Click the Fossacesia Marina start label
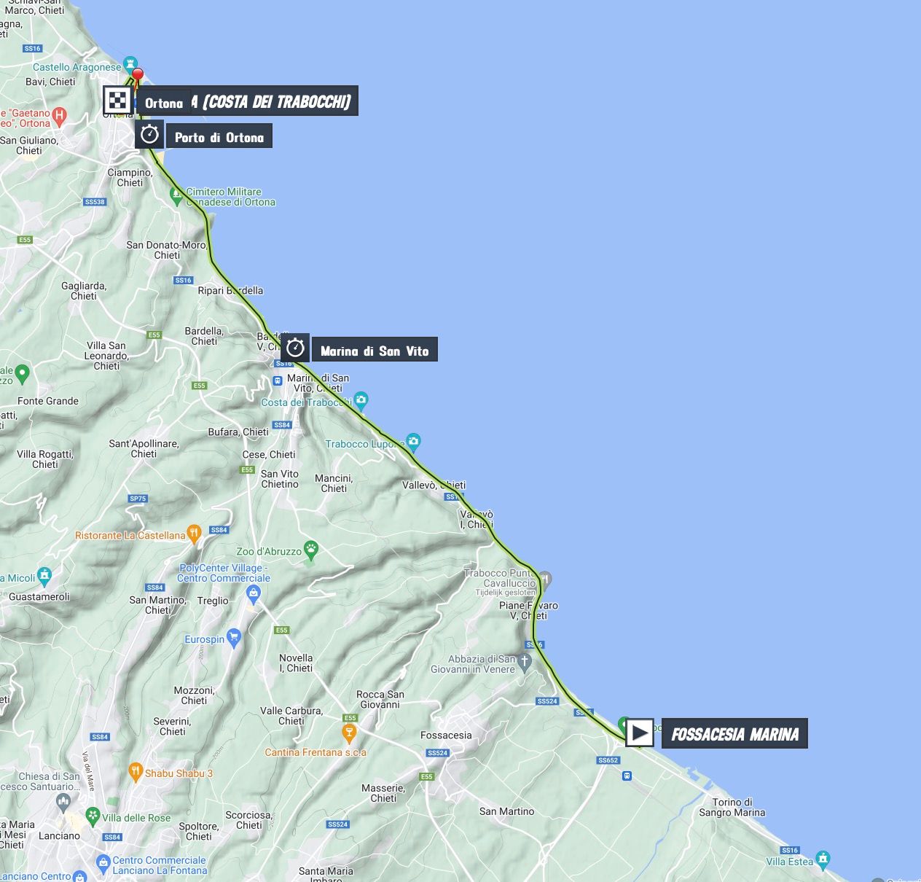pos(734,734)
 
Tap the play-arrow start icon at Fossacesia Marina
pos(640,733)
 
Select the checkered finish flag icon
pos(117,101)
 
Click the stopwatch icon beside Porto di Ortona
pos(149,135)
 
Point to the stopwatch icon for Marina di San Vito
pos(295,348)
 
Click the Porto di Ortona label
pos(219,137)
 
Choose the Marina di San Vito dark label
pos(375,351)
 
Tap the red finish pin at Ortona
pos(136,74)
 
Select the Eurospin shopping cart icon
pos(234,638)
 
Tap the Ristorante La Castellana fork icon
pos(194,534)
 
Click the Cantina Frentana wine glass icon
pos(350,731)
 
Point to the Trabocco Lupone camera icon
pos(413,441)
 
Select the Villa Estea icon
pos(823,859)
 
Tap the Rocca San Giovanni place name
pos(380,699)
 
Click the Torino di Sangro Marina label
pos(732,807)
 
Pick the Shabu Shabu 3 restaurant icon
pos(135,771)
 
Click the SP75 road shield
pos(138,499)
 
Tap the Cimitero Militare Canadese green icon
pos(176,195)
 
